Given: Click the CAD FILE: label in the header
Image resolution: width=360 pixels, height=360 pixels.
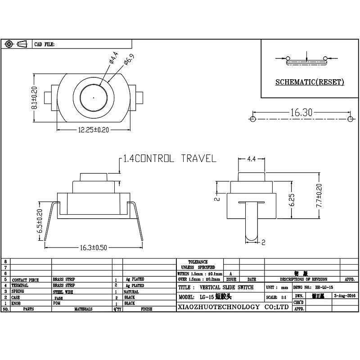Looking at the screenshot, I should click(45, 44).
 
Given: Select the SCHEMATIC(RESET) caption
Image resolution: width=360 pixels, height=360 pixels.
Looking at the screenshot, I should click(310, 82).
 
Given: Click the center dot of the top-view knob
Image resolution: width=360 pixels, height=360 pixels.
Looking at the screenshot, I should click(93, 97).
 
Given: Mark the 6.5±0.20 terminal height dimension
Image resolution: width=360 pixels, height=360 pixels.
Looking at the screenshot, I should click(39, 221).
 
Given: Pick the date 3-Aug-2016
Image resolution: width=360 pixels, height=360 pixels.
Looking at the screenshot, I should click(345, 296).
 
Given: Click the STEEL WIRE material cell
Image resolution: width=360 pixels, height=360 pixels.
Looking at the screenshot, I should click(64, 292).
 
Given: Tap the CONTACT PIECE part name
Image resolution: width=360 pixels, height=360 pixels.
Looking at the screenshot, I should click(26, 279).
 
